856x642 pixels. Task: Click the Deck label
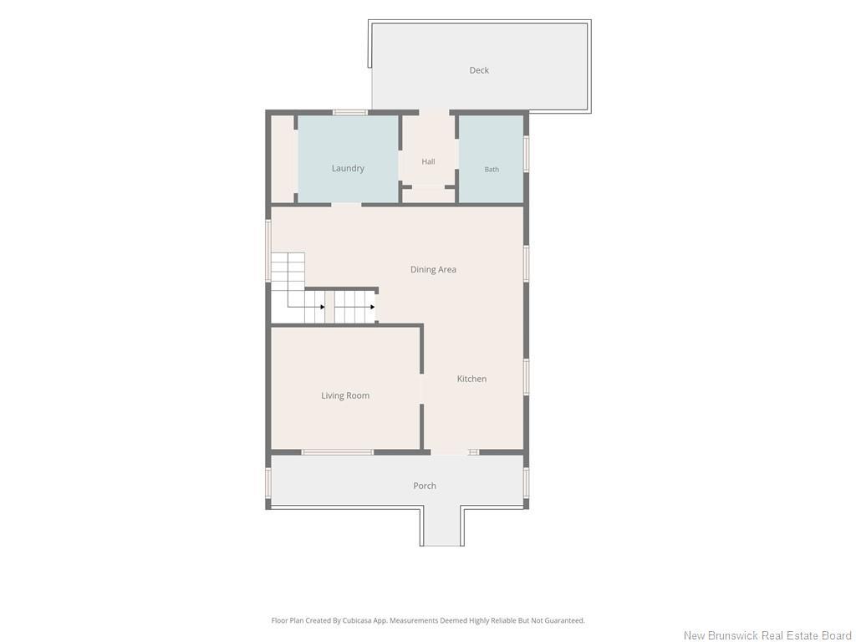479,70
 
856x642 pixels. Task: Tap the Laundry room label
348,168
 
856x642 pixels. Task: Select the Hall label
428,161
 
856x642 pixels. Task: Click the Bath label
492,169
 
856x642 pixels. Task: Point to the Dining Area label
433,269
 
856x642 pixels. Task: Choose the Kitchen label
471,379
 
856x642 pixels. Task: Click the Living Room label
345,395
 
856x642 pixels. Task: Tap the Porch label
424,486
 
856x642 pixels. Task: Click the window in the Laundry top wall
350,113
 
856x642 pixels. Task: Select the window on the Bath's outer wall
527,154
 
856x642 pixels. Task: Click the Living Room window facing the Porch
338,452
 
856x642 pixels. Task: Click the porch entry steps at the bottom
442,527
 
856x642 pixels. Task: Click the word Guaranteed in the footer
567,620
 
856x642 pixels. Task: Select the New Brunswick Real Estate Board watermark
767,635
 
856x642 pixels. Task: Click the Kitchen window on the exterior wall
527,377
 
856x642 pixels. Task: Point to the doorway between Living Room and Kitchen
421,390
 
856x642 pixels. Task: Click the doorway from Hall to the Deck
434,113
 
